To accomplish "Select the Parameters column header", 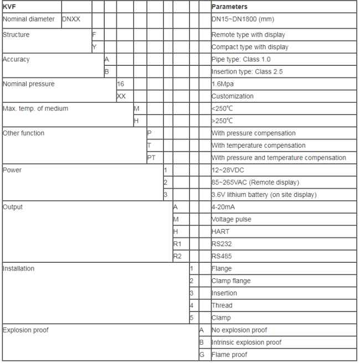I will [x=229, y=7].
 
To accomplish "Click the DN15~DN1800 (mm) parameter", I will [x=243, y=19].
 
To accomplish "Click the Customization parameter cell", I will [x=233, y=96].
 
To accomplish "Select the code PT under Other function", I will [x=151, y=158].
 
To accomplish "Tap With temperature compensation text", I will [x=258, y=145].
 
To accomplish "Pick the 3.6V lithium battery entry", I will [x=264, y=195].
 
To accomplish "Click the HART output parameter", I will [x=220, y=232].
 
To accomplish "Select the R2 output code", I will [x=177, y=256].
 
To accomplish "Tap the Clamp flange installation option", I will [x=231, y=281].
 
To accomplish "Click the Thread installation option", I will [x=222, y=305].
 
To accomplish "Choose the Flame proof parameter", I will [x=229, y=355].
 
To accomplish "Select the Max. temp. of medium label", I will [x=35, y=108].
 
